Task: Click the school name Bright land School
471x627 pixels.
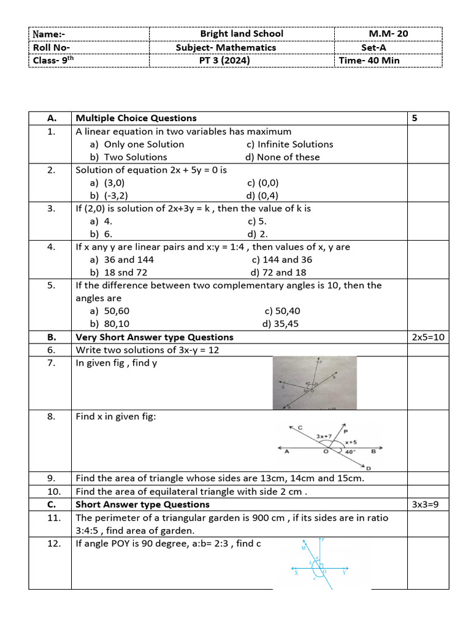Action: click(242, 34)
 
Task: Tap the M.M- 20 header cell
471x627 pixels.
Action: click(388, 34)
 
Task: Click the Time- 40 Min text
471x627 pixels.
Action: click(369, 61)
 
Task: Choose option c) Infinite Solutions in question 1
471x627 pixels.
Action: click(289, 145)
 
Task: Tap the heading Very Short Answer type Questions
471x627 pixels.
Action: click(154, 337)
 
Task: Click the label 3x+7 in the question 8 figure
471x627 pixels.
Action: click(325, 436)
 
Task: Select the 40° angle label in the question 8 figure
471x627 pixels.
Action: click(349, 452)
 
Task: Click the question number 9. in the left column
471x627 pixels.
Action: click(51, 478)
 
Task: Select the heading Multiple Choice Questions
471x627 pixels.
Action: click(136, 118)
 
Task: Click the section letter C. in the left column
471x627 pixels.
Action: click(51, 505)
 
